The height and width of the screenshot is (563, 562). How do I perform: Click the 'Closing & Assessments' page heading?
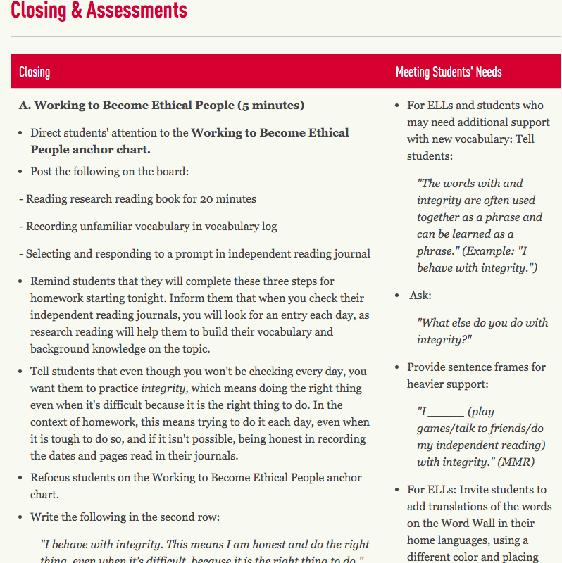(99, 11)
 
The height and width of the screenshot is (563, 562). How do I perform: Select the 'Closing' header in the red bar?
(35, 72)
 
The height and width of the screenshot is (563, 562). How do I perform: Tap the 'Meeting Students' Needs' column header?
(449, 72)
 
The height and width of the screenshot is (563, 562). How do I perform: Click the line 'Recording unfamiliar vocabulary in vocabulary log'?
(148, 227)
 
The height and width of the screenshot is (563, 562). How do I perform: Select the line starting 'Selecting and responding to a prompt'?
(194, 253)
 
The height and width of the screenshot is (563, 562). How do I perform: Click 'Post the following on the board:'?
(109, 172)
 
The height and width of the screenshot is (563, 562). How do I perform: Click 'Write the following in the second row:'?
(125, 517)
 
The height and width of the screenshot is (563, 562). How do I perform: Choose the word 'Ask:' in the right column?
(420, 296)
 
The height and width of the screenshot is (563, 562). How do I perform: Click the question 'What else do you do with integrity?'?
(482, 331)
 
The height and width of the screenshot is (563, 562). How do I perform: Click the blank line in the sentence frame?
(446, 412)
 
